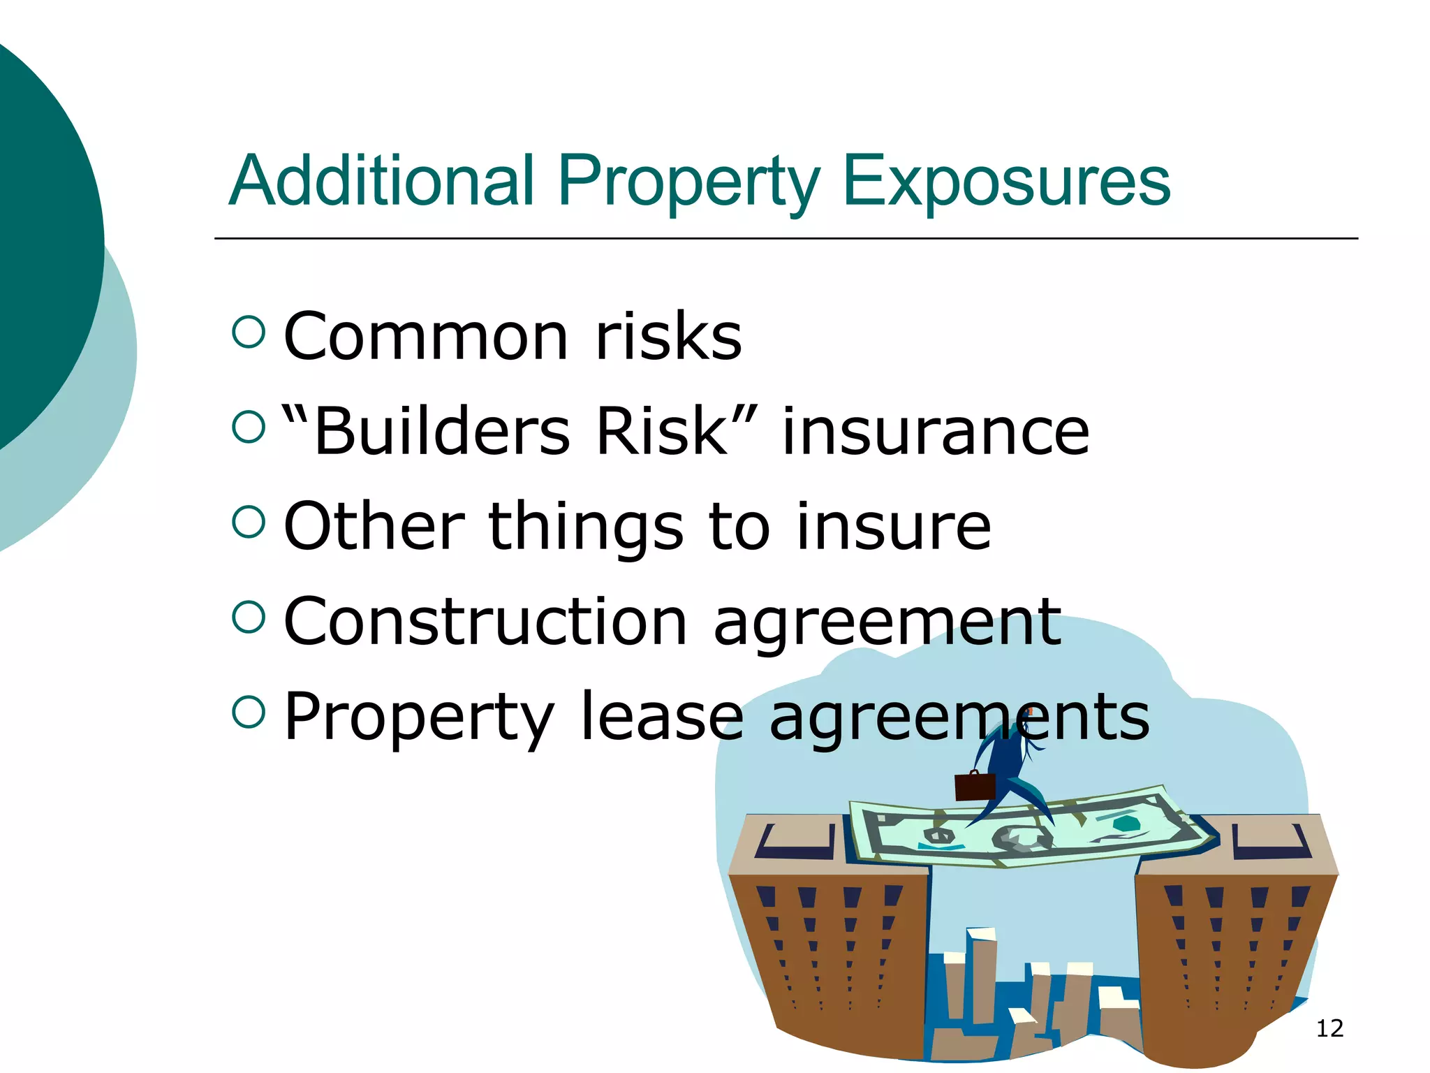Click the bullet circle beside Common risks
coord(249,332)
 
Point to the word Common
coord(426,337)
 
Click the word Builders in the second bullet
coord(442,432)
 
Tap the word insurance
coord(935,432)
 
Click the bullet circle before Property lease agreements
coord(249,712)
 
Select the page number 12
coord(1329,1028)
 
